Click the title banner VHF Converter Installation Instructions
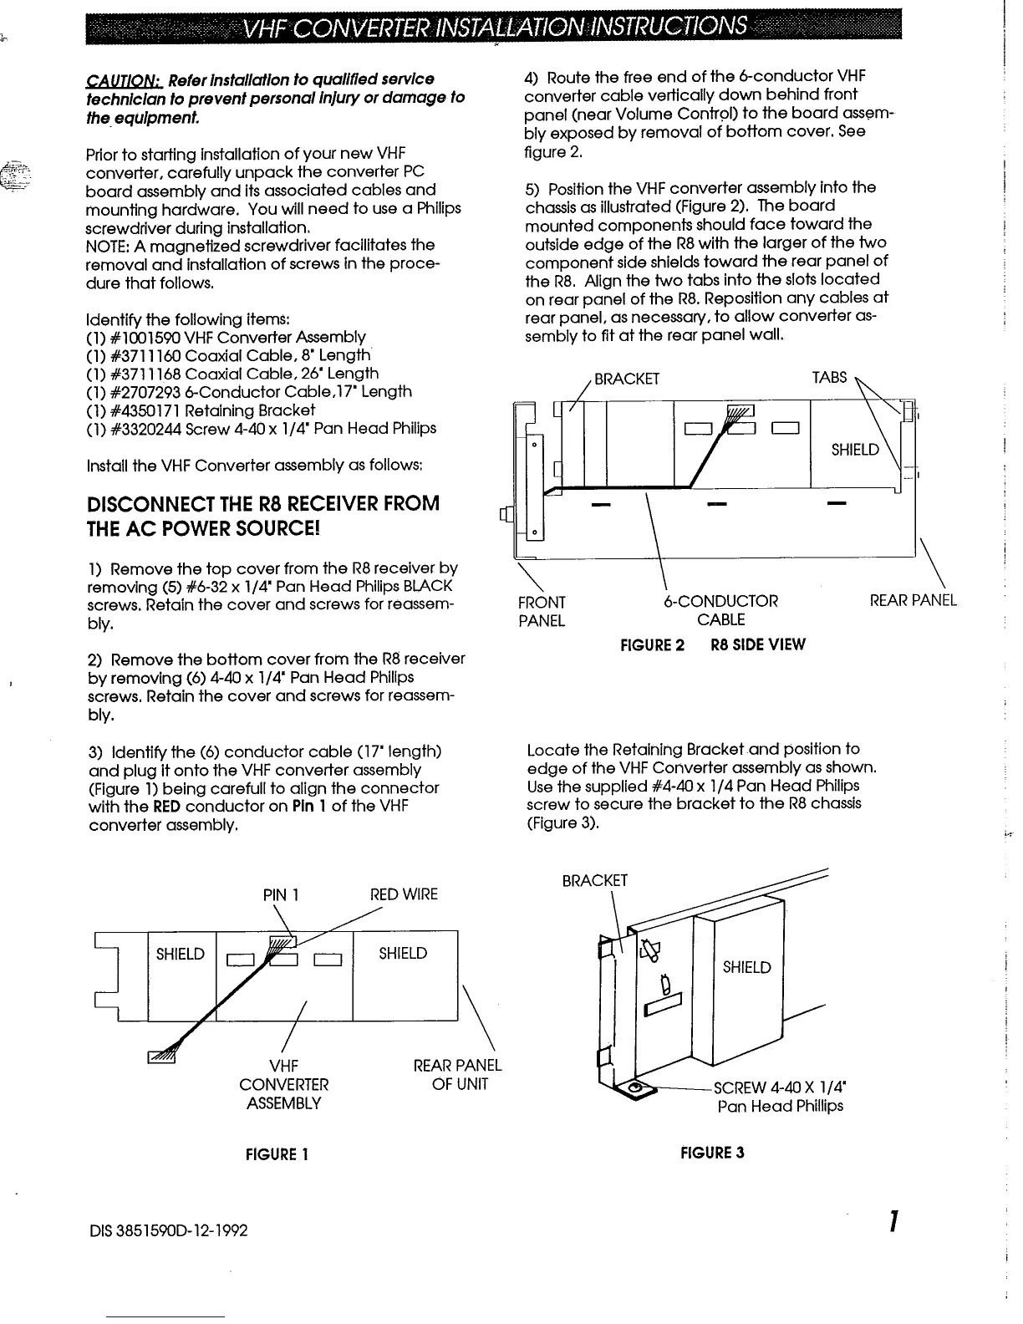click(x=494, y=29)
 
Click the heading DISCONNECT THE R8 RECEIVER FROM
click(x=263, y=504)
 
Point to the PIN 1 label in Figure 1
click(x=282, y=894)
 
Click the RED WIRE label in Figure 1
click(x=404, y=894)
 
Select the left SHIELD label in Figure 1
click(x=180, y=954)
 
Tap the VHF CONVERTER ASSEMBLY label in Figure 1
click(x=284, y=1084)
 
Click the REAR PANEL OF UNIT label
click(x=457, y=1075)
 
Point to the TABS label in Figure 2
click(x=829, y=378)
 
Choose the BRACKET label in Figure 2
click(x=627, y=379)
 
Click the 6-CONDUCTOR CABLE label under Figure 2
click(x=720, y=610)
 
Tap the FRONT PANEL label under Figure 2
click(x=542, y=611)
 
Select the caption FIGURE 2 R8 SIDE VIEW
click(x=712, y=644)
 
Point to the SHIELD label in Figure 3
click(x=746, y=967)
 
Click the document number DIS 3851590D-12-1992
click(x=167, y=1230)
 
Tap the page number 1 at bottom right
click(x=893, y=1222)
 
